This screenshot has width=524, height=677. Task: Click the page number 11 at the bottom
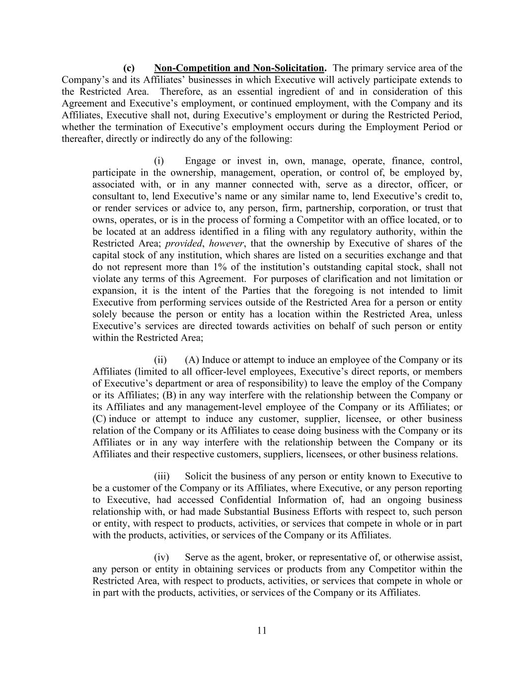[262, 630]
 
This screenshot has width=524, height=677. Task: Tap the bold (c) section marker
[129, 68]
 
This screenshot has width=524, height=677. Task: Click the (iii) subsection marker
[161, 476]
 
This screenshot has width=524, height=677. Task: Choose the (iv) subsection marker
[161, 557]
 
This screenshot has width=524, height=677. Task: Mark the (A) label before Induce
[192, 360]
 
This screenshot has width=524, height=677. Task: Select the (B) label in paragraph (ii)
[169, 395]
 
